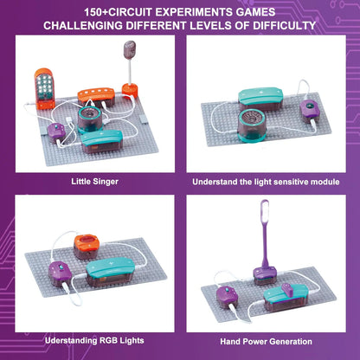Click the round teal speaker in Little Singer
pyautogui.click(x=90, y=117)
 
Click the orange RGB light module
pyautogui.click(x=87, y=244)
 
